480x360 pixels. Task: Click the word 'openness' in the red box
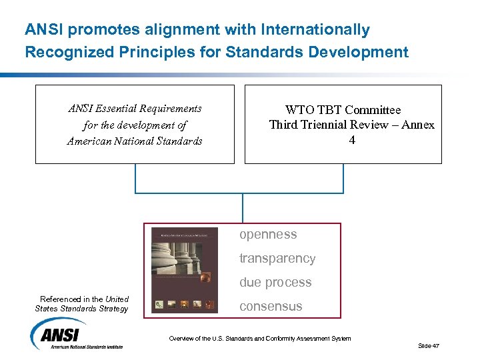[268, 235]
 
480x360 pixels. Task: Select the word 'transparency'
[277, 259]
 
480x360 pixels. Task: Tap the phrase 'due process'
[275, 283]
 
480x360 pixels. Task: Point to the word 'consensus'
[271, 307]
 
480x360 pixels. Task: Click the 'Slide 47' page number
[429, 345]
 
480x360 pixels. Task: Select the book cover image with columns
[184, 270]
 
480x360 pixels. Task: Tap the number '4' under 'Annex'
[352, 141]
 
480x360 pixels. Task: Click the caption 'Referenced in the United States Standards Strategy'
[83, 304]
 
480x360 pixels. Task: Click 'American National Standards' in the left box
[135, 141]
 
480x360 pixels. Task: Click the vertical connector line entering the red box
[243, 208]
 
